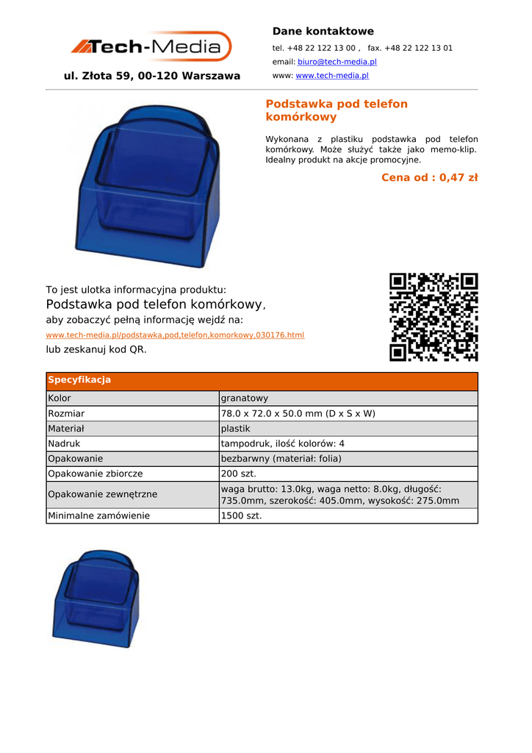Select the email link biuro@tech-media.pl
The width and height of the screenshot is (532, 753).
pyautogui.click(x=337, y=63)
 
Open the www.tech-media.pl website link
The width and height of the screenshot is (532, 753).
pyautogui.click(x=331, y=76)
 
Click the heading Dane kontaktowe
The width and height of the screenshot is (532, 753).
pyautogui.click(x=323, y=31)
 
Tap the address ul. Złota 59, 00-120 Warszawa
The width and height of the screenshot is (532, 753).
pyautogui.click(x=152, y=76)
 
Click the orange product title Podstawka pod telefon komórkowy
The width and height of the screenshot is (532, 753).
pyautogui.click(x=336, y=110)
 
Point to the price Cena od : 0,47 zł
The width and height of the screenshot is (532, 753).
pyautogui.click(x=429, y=177)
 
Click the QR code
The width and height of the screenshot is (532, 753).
pyautogui.click(x=434, y=317)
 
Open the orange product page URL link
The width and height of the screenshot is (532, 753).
pyautogui.click(x=175, y=335)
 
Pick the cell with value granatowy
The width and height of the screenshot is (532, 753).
pyautogui.click(x=245, y=398)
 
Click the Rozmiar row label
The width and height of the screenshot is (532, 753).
pyautogui.click(x=66, y=413)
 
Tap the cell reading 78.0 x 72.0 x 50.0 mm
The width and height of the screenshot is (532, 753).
pyautogui.click(x=298, y=413)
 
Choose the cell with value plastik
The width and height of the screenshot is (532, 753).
pyautogui.click(x=236, y=428)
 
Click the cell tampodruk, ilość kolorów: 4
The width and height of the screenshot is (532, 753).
pyautogui.click(x=282, y=443)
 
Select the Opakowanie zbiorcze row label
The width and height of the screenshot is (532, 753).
pyautogui.click(x=96, y=474)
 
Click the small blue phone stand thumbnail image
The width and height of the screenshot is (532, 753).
pyautogui.click(x=96, y=599)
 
